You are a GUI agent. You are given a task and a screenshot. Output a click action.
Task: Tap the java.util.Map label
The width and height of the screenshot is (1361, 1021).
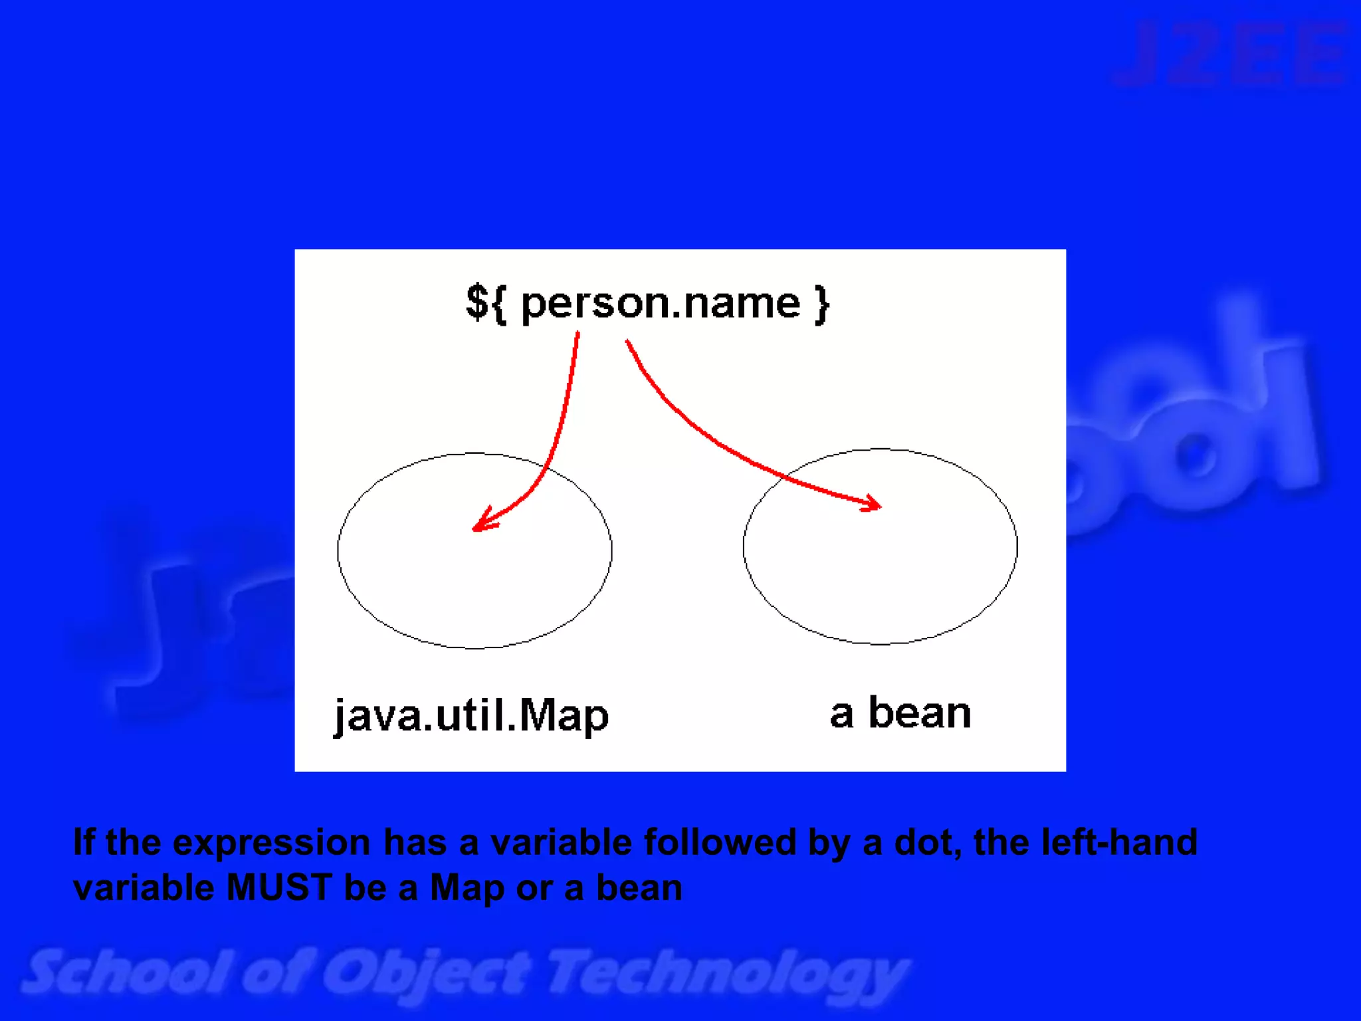pyautogui.click(x=471, y=716)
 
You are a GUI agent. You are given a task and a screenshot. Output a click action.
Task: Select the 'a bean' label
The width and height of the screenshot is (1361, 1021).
pyautogui.click(x=900, y=713)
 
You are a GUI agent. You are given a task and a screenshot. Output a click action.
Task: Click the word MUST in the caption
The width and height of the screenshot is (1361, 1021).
pyautogui.click(x=278, y=887)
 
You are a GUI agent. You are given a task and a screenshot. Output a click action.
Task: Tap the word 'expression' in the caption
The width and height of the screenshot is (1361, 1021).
pyautogui.click(x=271, y=843)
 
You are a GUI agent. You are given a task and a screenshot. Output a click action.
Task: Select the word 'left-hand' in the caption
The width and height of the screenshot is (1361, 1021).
pyautogui.click(x=1119, y=842)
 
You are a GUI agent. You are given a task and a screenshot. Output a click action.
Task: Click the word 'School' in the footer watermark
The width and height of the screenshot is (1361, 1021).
pyautogui.click(x=126, y=972)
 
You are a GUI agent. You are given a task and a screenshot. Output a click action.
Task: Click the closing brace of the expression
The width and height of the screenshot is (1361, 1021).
pyautogui.click(x=823, y=304)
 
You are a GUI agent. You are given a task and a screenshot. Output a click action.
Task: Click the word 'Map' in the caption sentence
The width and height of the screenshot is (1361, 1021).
pyautogui.click(x=467, y=888)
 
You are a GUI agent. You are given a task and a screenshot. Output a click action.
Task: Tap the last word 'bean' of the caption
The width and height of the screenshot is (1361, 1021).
pyautogui.click(x=639, y=888)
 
